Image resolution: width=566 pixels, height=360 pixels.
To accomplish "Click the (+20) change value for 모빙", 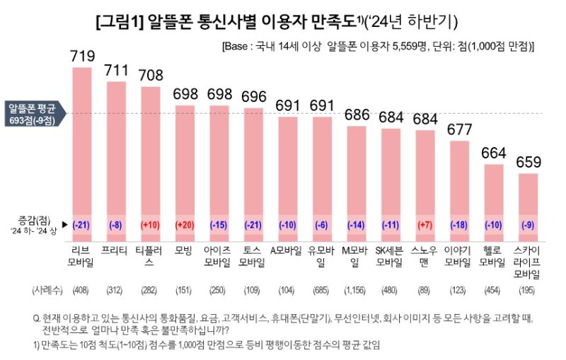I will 185,225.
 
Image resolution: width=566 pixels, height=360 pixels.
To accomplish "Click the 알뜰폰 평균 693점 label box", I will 32,113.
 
